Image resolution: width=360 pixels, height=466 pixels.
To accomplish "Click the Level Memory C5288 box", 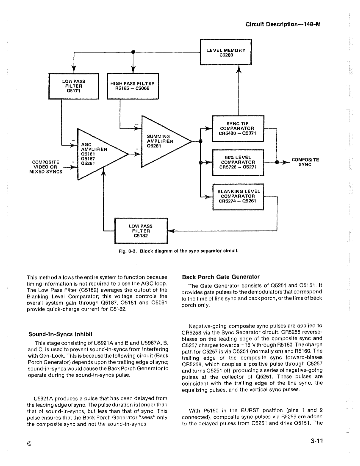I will click(x=226, y=52).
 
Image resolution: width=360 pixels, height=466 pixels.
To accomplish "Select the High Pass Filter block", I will click(x=133, y=86).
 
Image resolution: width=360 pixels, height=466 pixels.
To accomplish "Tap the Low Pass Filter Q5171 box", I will click(x=74, y=86).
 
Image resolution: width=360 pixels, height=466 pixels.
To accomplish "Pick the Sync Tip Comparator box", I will click(x=238, y=128).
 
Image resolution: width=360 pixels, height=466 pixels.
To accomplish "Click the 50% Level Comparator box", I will click(x=238, y=162).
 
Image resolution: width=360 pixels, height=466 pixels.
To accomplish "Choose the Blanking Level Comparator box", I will click(x=238, y=196).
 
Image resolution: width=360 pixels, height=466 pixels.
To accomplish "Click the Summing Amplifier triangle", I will click(x=160, y=141).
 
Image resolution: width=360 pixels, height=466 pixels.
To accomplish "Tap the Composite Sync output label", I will click(x=305, y=162).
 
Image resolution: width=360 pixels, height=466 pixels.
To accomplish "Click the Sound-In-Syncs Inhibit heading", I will click(x=60, y=334).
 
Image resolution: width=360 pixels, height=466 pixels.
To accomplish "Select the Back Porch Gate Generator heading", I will click(x=220, y=277).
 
